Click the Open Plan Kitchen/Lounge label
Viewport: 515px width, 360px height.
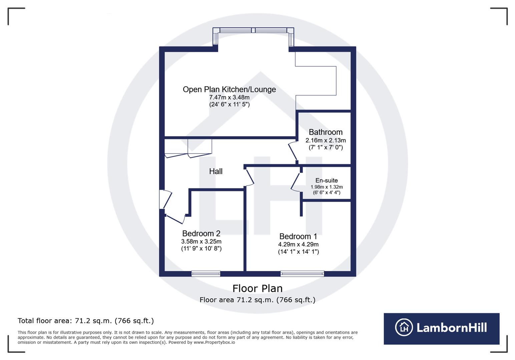[229, 89]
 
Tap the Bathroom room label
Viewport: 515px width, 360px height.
[325, 132]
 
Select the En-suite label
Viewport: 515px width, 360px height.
[326, 180]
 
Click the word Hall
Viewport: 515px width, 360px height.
[215, 171]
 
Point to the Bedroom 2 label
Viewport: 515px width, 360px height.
[201, 233]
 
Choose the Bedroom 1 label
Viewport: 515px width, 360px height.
[298, 236]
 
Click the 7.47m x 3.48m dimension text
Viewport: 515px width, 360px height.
[229, 97]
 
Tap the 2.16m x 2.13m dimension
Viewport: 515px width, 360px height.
[326, 140]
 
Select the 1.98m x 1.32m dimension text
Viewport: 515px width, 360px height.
[327, 187]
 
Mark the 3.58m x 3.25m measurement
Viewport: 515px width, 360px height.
[201, 241]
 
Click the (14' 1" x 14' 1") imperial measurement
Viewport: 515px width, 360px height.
[298, 252]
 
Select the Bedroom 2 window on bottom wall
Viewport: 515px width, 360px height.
[206, 274]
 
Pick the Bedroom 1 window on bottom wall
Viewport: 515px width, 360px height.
[302, 274]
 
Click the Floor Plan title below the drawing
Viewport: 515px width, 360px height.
[257, 288]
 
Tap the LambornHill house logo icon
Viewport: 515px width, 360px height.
[404, 327]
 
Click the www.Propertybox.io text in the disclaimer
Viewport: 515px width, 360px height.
[214, 342]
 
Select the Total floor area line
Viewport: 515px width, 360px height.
[86, 321]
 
